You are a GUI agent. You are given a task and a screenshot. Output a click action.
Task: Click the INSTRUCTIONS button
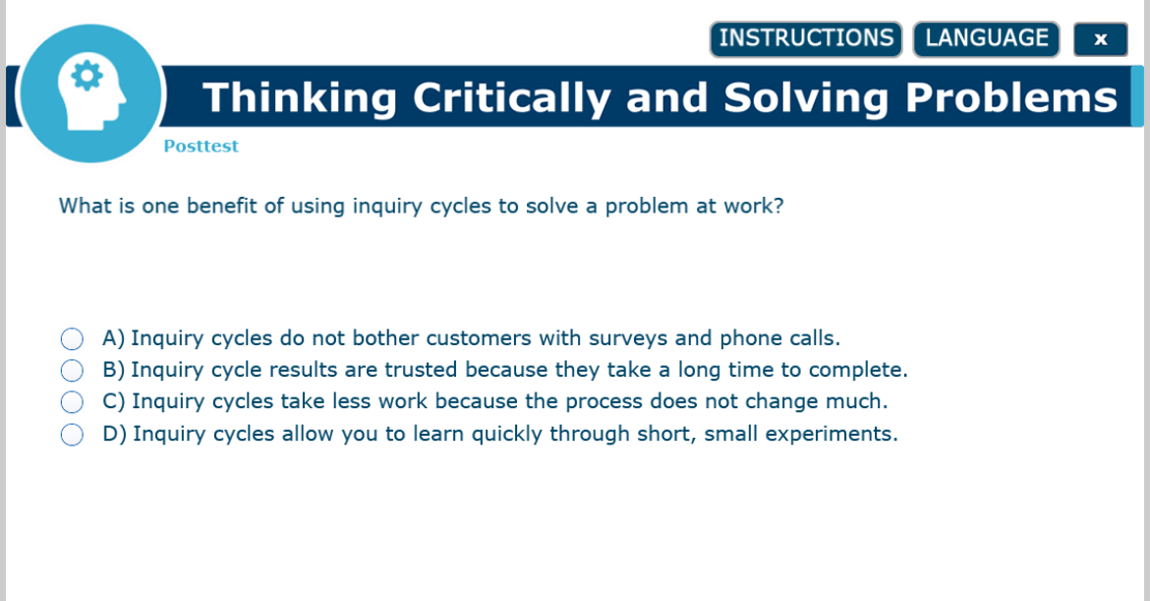pos(806,39)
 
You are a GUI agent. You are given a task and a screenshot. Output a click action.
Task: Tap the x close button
pos(1100,39)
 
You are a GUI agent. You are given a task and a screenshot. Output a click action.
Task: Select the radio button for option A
pos(72,339)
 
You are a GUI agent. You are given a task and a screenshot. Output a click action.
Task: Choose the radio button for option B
pos(72,371)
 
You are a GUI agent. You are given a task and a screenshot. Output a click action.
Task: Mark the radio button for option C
pos(72,402)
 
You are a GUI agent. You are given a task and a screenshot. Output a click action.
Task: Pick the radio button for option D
pos(72,435)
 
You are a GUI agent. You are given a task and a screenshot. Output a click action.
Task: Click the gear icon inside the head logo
pos(87,76)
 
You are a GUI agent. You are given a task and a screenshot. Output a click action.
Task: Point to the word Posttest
pos(201,147)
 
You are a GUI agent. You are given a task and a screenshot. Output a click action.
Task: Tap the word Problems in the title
pos(1011,97)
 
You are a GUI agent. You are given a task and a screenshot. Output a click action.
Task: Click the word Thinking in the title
pos(301,97)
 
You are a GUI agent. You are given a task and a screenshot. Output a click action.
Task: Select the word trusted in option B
pos(422,370)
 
